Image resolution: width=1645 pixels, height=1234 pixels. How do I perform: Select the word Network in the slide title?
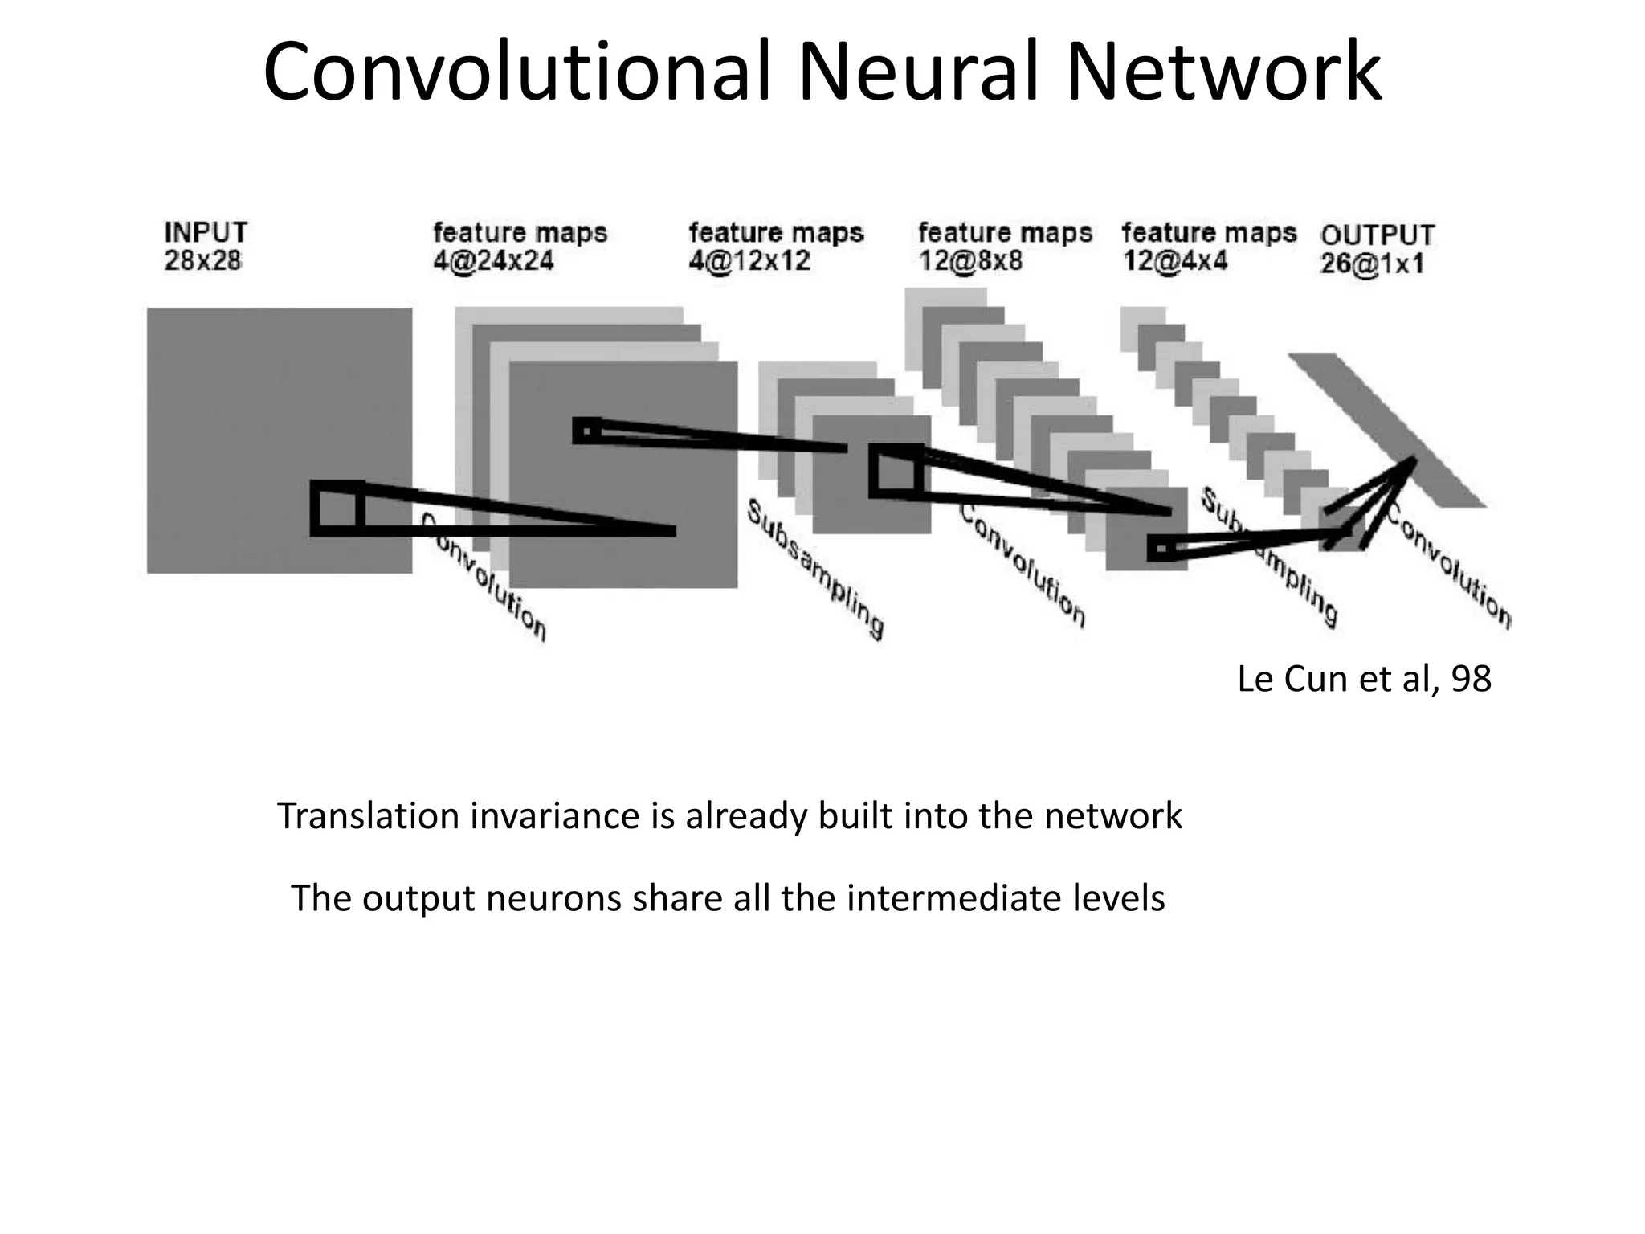pos(1224,72)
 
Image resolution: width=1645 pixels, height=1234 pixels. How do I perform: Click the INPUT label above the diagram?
pos(206,232)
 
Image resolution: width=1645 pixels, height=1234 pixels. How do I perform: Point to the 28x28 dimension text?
pos(202,261)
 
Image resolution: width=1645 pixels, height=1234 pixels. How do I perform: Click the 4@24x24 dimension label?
pos(493,261)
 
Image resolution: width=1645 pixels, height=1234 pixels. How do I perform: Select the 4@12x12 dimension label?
pos(749,261)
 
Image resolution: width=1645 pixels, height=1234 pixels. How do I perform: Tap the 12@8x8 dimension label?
pos(970,261)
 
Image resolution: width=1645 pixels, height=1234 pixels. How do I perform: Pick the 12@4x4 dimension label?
pos(1174,261)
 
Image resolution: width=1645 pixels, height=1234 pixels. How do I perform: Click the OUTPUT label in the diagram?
pos(1377,235)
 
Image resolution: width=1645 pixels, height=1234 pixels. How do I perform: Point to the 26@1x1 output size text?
pos(1372,264)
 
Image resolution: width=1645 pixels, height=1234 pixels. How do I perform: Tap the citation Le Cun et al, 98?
pos(1364,679)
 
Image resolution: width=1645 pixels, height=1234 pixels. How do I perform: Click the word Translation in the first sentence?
pos(368,816)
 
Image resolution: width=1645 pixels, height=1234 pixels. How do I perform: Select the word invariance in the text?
pos(553,816)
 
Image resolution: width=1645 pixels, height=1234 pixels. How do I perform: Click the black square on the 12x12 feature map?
pos(896,471)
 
